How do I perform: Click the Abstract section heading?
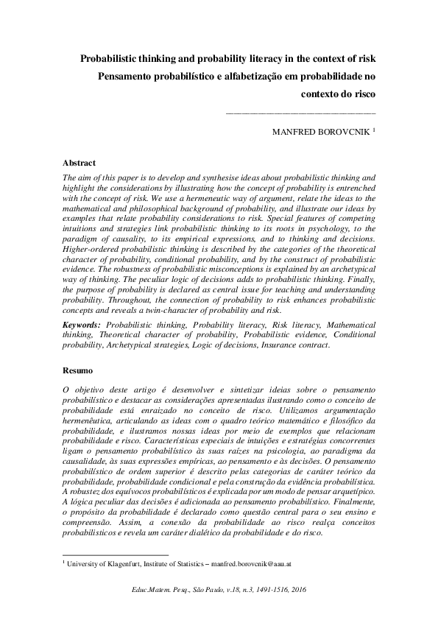[79, 162]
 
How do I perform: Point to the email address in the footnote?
[251, 563]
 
